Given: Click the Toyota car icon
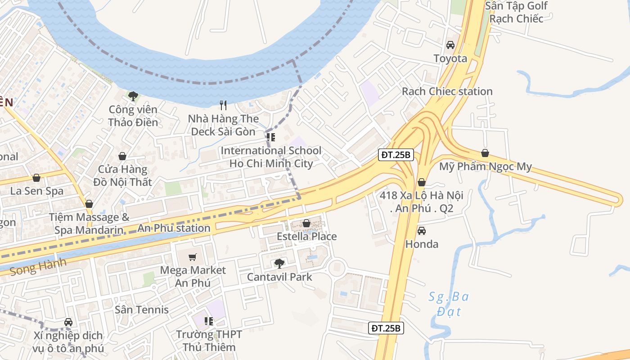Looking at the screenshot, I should [x=450, y=45].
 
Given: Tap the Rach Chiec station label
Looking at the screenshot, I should [x=447, y=91].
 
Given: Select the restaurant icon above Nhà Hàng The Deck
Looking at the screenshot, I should [x=223, y=105].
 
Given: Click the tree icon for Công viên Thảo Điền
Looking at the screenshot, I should [x=133, y=96].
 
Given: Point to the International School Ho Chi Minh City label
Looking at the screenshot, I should [x=271, y=157].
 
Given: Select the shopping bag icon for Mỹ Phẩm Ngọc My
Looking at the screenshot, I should [x=485, y=153].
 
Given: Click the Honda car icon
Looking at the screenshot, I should [x=422, y=231].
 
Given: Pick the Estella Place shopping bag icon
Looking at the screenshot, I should [x=306, y=223].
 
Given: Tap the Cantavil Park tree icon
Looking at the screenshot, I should [x=279, y=263].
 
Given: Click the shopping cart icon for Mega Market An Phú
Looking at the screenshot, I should [x=193, y=257].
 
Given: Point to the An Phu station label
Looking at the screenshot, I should [x=174, y=228].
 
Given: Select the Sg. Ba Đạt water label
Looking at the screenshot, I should [x=449, y=304].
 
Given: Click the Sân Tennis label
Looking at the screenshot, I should [x=142, y=310].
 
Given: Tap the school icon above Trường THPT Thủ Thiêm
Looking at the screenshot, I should [x=208, y=321].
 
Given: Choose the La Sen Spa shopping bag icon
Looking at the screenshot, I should [x=36, y=178].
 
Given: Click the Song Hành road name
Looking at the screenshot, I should [x=38, y=266].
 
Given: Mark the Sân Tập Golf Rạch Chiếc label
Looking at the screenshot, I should [x=516, y=12].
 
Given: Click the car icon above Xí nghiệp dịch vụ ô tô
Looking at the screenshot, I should [x=68, y=322].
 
